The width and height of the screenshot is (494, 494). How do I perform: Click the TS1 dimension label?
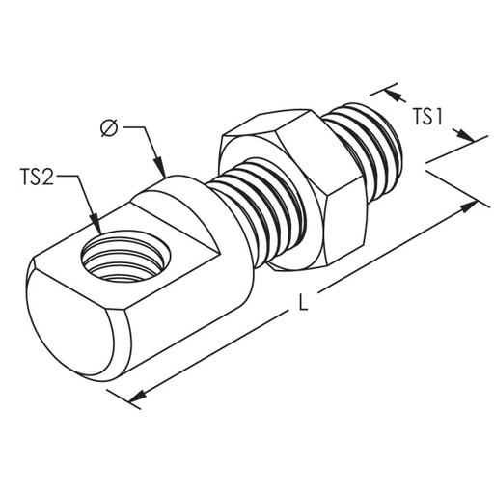pos(427,117)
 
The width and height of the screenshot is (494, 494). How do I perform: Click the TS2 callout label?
pos(37,177)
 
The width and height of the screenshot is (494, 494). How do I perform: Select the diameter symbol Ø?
pos(109,128)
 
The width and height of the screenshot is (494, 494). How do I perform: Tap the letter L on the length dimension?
pos(303,302)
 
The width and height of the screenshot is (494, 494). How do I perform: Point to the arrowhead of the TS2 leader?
pos(96,224)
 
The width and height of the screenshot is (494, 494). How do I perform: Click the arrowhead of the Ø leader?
pos(160,167)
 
